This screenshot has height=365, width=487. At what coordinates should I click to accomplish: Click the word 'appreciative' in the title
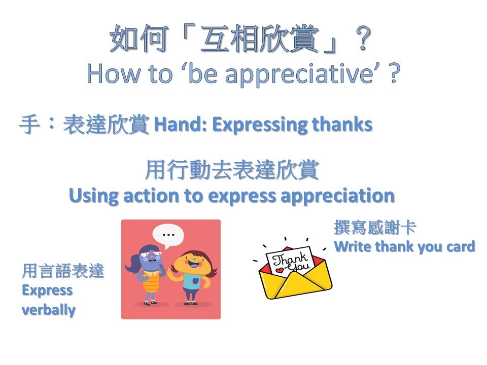point(299,75)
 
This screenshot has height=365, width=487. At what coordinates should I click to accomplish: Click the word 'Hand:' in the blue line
point(181,125)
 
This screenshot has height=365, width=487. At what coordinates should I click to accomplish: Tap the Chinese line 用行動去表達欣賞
point(232,170)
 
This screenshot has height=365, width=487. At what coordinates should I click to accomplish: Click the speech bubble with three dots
point(168,236)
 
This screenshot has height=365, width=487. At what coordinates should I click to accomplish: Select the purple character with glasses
point(146,273)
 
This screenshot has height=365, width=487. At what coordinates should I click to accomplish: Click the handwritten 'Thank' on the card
point(289,258)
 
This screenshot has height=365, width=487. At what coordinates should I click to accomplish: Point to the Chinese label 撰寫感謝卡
point(375,227)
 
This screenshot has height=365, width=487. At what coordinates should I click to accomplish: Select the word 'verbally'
point(49,310)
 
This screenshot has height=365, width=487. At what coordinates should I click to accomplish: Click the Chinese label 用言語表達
point(63,271)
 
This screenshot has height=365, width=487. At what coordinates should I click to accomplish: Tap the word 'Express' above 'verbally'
point(47,290)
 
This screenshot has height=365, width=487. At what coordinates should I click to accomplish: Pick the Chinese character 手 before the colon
point(29,125)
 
